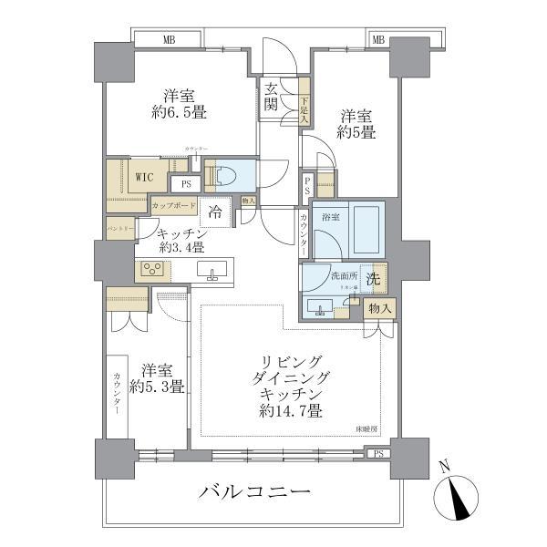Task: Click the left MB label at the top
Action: point(170,39)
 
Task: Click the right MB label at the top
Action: point(378,39)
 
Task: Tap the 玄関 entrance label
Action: point(273,96)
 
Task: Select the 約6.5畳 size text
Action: point(180,115)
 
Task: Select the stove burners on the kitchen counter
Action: point(151,269)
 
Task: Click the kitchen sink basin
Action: point(216,272)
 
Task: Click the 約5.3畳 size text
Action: point(157,387)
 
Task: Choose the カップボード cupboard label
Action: point(174,206)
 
